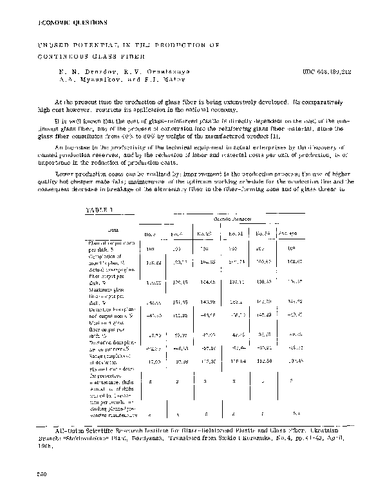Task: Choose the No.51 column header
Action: [x=234, y=233]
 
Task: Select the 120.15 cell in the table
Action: [x=180, y=281]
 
